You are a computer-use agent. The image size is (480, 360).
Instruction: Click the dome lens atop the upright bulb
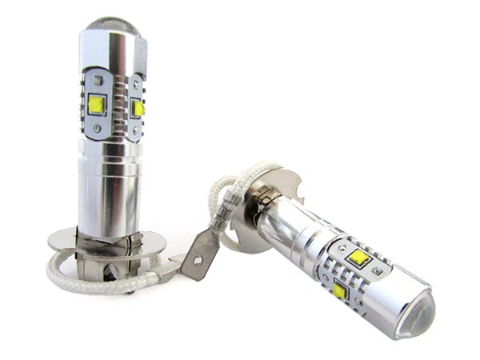[x=112, y=26]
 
